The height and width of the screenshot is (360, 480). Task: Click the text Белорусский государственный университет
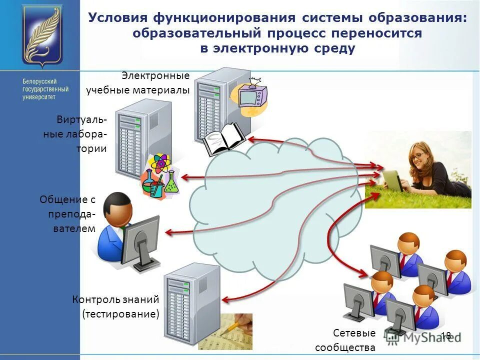tap(39, 89)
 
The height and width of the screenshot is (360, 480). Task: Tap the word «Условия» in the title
tap(117, 18)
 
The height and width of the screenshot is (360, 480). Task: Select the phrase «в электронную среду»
tap(277, 48)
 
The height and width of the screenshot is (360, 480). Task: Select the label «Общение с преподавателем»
tap(67, 214)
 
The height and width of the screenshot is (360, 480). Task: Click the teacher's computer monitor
tap(140, 240)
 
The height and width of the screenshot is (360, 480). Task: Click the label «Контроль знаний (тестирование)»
tap(116, 306)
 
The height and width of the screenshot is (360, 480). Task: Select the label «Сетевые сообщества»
tap(345, 340)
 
